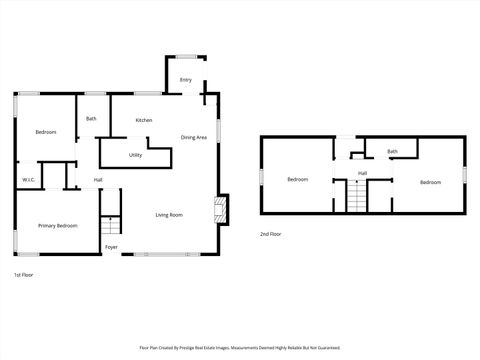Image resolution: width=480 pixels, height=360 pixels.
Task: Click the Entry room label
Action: [186, 80]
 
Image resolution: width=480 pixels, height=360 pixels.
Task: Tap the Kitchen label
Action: [144, 120]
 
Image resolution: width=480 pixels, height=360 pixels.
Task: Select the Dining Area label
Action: [194, 137]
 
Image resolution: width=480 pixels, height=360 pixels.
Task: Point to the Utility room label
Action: [136, 155]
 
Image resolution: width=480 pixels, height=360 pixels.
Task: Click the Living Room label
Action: [168, 215]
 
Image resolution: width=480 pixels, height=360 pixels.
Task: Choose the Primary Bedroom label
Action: [58, 226]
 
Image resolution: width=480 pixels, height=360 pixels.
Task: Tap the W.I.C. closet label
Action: [28, 180]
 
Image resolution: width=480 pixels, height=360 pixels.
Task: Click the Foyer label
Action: [111, 247]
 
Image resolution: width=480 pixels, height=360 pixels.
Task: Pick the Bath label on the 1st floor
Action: [91, 119]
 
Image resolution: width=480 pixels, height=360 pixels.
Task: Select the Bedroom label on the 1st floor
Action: [46, 133]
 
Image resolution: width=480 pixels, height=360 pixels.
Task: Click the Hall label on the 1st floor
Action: [98, 180]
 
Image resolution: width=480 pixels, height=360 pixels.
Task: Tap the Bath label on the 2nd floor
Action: [392, 152]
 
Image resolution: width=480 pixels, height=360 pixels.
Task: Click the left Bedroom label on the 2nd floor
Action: [297, 180]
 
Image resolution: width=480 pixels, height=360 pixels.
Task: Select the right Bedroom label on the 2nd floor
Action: [430, 182]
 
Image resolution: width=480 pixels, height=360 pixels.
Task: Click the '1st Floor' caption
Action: [24, 274]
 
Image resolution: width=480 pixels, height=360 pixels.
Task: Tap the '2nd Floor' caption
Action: [270, 234]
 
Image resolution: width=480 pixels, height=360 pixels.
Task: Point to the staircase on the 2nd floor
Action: [356, 199]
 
